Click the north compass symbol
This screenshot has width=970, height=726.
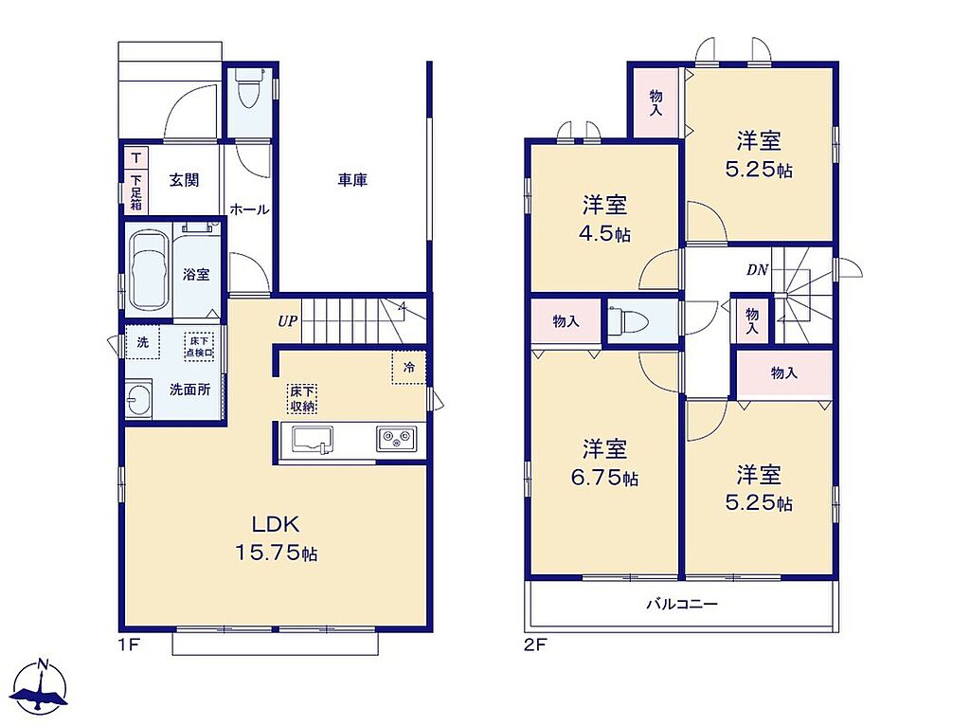[x=41, y=688]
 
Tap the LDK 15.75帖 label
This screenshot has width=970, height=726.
[x=276, y=538]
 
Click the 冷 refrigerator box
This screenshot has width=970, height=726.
[x=408, y=368]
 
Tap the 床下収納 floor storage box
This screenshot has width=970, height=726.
[x=302, y=399]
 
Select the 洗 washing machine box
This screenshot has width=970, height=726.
[x=143, y=342]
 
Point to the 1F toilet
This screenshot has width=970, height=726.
[x=249, y=91]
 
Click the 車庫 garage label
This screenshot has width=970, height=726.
[x=352, y=180]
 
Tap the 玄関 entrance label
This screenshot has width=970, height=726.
[x=185, y=180]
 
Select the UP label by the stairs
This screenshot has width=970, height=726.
[x=288, y=321]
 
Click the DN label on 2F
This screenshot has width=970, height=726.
[x=757, y=270]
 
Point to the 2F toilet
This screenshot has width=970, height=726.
[x=628, y=320]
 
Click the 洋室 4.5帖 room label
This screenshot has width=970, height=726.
[x=605, y=219]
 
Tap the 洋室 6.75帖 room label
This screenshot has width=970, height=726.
[x=605, y=463]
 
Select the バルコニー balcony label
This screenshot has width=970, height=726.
[x=682, y=603]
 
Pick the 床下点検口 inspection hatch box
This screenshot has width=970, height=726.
[x=199, y=346]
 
